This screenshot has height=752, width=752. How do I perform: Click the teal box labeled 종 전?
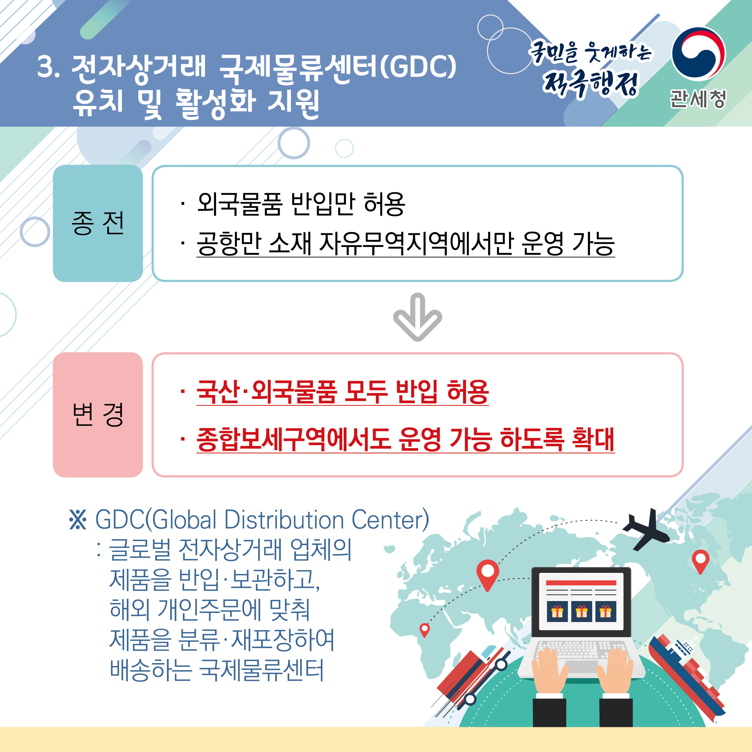pyautogui.click(x=98, y=223)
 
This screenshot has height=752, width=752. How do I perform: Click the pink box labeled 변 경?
pyautogui.click(x=98, y=414)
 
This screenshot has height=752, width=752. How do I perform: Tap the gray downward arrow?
pyautogui.click(x=417, y=317)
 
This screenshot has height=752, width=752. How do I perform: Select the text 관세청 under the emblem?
pyautogui.click(x=698, y=98)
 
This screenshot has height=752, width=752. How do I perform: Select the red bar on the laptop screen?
pyautogui.click(x=581, y=583)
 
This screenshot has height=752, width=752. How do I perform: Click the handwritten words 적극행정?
pyautogui.click(x=591, y=84)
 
